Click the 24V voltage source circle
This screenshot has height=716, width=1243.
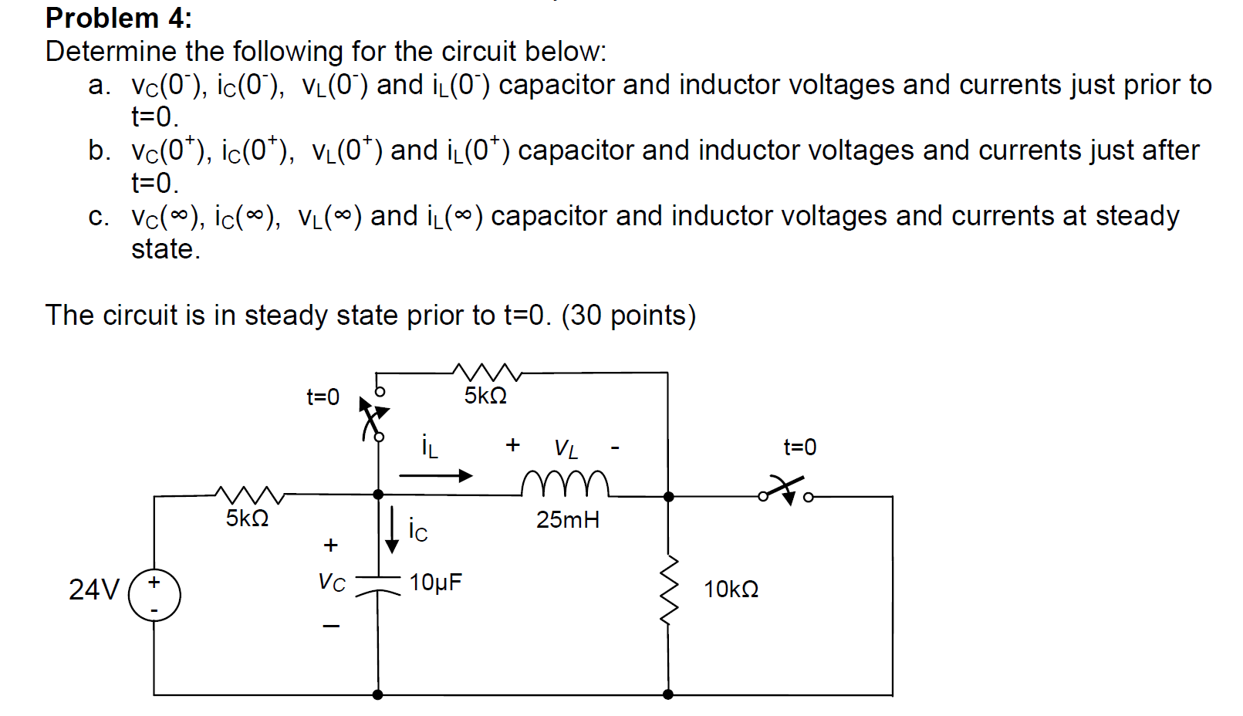point(154,596)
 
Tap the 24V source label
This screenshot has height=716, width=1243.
point(93,590)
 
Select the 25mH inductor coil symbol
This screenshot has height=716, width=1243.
point(565,484)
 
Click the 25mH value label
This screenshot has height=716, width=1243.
point(568,520)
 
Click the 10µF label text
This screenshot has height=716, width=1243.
point(435,583)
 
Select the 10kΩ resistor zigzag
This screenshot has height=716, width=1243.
point(669,590)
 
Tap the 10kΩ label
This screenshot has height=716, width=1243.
point(731,590)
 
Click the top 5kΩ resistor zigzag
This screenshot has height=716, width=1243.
point(487,372)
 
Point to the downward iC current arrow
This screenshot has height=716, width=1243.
point(392,530)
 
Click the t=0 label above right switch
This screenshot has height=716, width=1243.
point(799,447)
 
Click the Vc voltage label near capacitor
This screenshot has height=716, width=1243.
point(332,583)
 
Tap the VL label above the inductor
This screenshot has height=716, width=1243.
point(566,448)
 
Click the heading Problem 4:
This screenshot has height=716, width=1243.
point(119,18)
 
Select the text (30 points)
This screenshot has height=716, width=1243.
point(628,316)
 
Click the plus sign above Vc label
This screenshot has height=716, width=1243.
point(331,545)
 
